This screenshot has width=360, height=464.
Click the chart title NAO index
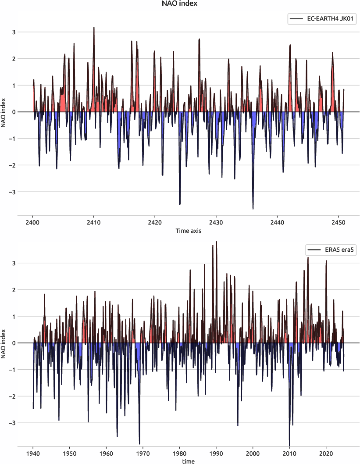pyautogui.click(x=180, y=4)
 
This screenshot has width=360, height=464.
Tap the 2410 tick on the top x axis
pyautogui.click(x=93, y=222)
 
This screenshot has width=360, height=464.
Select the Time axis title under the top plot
pyautogui.click(x=188, y=231)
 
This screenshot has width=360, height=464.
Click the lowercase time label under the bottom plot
pyautogui.click(x=188, y=461)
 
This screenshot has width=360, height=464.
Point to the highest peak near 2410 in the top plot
pyautogui.click(x=94, y=28)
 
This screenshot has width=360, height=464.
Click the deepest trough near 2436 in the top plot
pyautogui.click(x=253, y=209)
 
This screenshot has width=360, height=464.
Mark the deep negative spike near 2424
pyautogui.click(x=180, y=204)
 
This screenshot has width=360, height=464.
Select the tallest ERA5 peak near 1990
pyautogui.click(x=217, y=242)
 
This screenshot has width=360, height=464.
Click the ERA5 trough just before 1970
pyautogui.click(x=139, y=444)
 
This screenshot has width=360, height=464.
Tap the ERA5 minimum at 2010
pyautogui.click(x=289, y=445)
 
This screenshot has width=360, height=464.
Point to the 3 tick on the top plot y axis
pyautogui.click(x=26, y=32)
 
